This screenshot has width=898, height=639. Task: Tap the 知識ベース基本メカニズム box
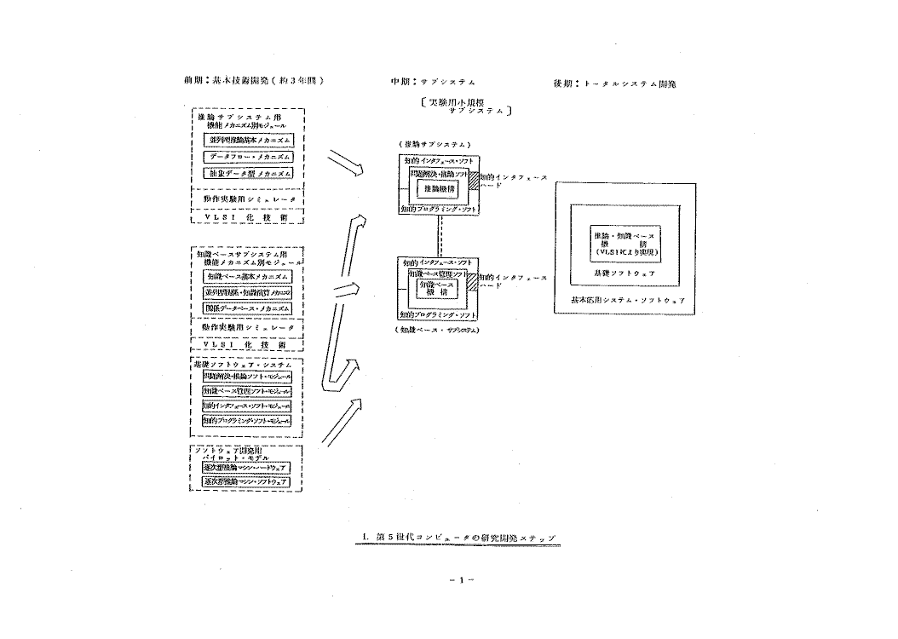click(247, 277)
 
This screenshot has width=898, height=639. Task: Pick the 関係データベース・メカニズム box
click(247, 308)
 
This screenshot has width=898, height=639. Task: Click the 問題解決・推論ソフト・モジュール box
click(247, 376)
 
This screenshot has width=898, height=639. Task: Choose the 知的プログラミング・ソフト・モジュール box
click(247, 420)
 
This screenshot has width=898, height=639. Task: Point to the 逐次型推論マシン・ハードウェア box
click(245, 469)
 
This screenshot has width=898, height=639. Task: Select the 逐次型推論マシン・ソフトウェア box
click(245, 482)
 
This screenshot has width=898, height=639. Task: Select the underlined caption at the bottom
click(458, 538)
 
